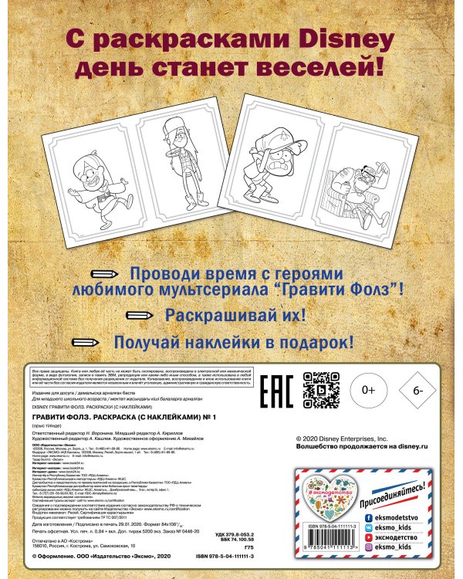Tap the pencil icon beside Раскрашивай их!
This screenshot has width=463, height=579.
point(141,315)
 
